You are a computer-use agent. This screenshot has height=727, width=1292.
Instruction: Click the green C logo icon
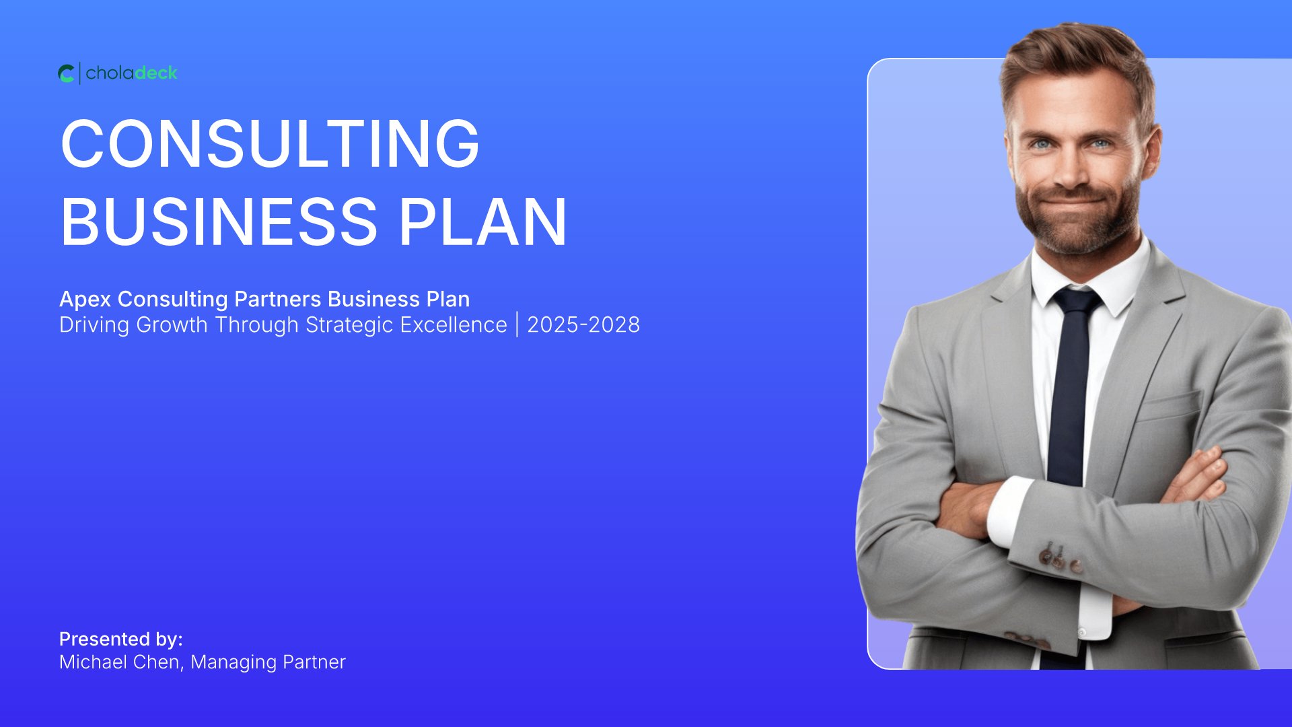pos(66,73)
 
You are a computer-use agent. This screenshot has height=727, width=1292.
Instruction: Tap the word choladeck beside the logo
pos(132,73)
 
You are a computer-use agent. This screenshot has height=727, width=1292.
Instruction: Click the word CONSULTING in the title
pos(270,143)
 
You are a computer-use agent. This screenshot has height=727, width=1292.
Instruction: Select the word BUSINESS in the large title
pos(219,221)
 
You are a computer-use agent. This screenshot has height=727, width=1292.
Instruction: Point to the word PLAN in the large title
pos(483,221)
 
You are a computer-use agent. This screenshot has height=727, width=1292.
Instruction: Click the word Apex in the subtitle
pos(85,299)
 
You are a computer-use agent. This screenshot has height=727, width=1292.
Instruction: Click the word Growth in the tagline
pos(172,324)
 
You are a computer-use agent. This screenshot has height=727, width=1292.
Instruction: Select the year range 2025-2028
pos(583,324)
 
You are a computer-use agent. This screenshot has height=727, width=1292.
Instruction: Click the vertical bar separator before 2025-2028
pos(517,324)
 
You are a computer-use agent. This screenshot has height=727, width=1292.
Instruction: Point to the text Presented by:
pos(121,639)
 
